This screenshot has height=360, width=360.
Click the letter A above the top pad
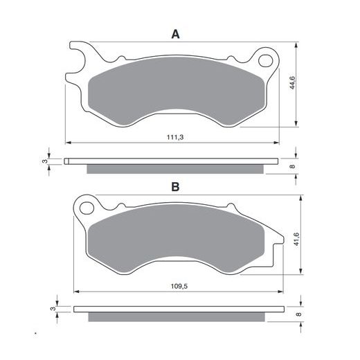[x=175, y=35]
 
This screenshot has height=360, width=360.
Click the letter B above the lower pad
[x=175, y=187]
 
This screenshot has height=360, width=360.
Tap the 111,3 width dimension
[x=175, y=137]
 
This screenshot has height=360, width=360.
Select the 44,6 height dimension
[x=292, y=82]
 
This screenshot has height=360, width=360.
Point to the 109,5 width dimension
[x=179, y=287]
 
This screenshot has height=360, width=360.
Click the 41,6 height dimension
[x=296, y=239]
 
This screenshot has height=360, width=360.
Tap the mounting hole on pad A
[x=265, y=61]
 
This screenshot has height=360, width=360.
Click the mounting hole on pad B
[x=87, y=208]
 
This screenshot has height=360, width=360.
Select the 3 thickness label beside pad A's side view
[x=44, y=161]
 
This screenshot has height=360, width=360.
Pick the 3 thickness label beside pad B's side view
[x=53, y=309]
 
